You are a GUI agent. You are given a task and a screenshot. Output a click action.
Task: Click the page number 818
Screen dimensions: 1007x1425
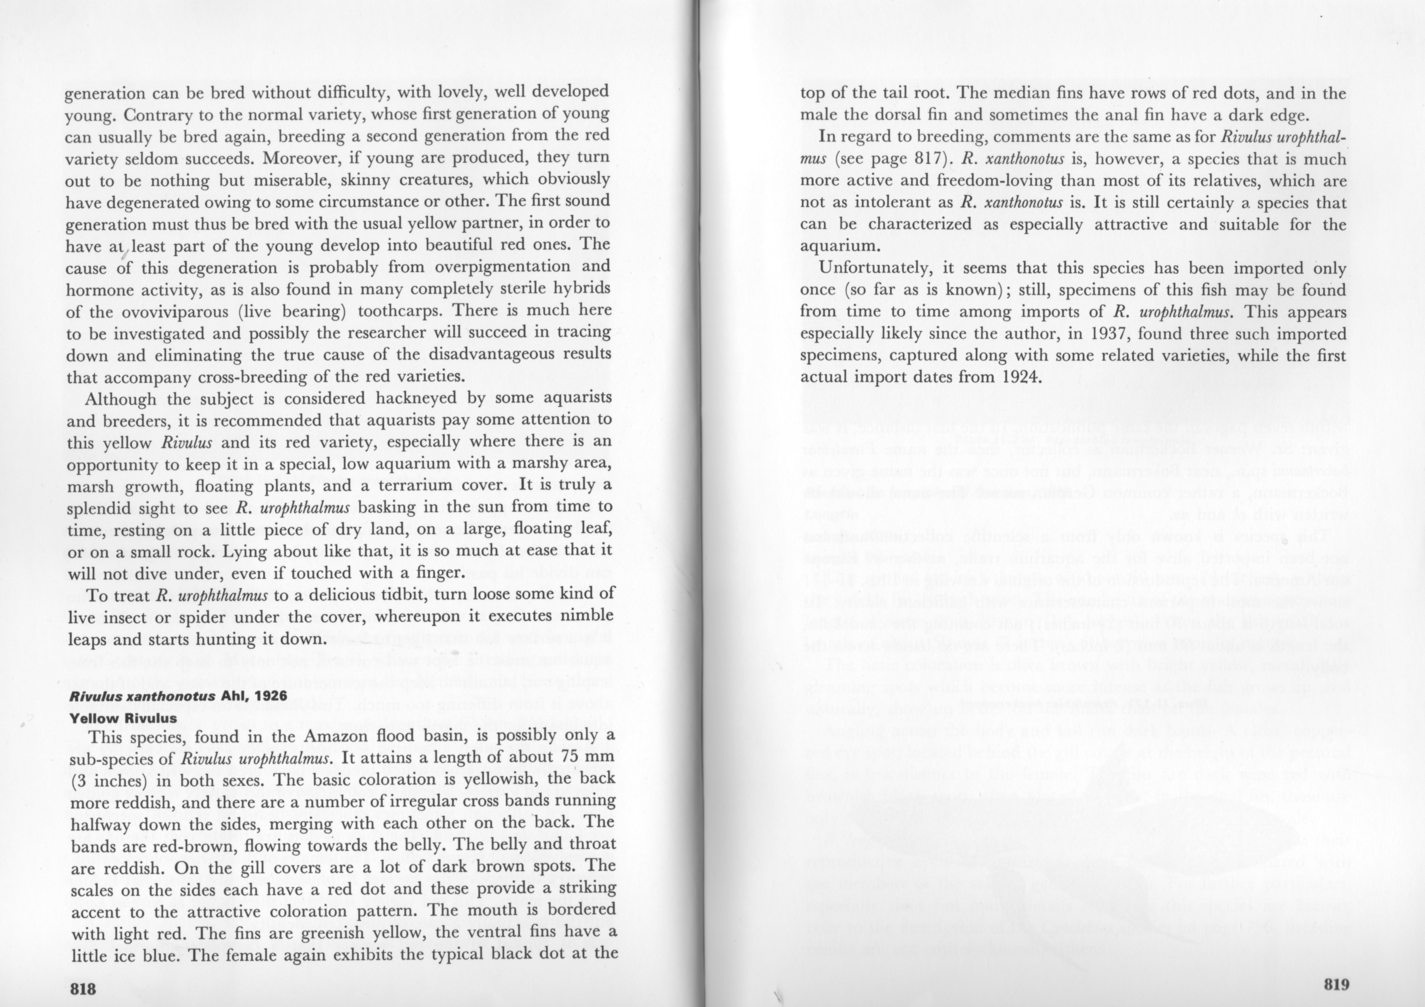tap(83, 988)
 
